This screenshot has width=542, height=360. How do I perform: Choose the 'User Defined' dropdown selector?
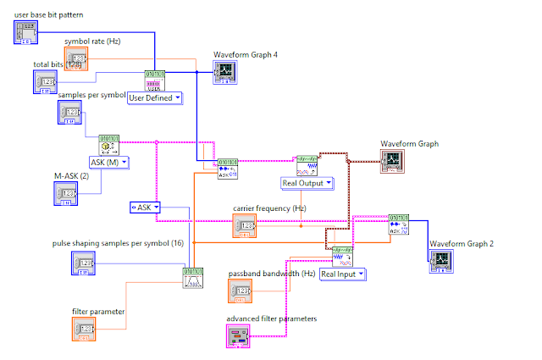click(x=154, y=97)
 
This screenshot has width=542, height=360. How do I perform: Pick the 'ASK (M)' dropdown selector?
click(x=108, y=162)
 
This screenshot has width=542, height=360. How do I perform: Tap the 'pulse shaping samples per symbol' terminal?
click(x=84, y=263)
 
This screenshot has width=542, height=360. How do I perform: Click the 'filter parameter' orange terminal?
click(x=84, y=329)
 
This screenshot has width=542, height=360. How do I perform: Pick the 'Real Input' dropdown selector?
click(x=343, y=274)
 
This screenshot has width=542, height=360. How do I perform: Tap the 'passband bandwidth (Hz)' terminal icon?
click(x=241, y=291)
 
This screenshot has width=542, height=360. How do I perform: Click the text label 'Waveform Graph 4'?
click(x=246, y=54)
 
